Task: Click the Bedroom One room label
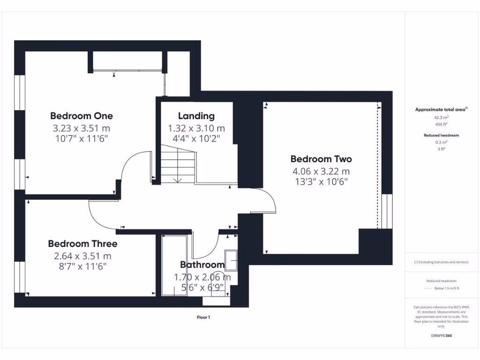tap(82, 116)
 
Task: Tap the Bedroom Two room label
tap(321, 159)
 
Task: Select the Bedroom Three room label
tap(82, 244)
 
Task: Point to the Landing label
tap(196, 116)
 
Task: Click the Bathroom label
tap(202, 265)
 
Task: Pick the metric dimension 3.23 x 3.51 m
tap(82, 128)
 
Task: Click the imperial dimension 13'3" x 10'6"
tap(321, 182)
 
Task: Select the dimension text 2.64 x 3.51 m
tap(82, 256)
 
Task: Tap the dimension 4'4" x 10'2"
tap(196, 139)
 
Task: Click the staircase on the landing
tap(178, 164)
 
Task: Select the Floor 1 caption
tap(203, 317)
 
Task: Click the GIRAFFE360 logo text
tap(441, 336)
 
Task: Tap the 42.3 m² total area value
tap(441, 118)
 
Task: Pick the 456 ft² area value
tap(441, 124)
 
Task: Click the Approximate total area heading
tap(440, 110)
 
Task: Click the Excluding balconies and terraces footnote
tap(441, 262)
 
